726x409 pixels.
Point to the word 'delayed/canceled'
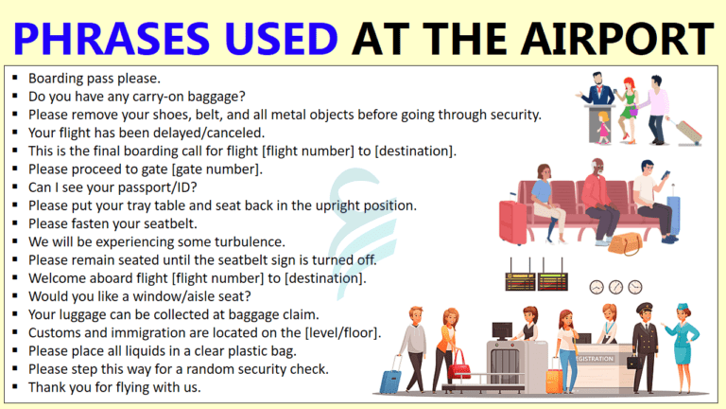click(x=203, y=133)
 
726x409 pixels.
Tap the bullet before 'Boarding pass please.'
click(x=15, y=79)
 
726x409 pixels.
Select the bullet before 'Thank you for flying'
click(x=15, y=387)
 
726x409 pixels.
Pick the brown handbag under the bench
click(x=624, y=243)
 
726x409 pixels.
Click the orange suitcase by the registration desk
click(x=555, y=379)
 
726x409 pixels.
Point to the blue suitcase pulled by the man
click(x=390, y=382)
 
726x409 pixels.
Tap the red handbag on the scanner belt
click(x=460, y=362)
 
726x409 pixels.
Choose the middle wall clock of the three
click(x=614, y=286)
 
